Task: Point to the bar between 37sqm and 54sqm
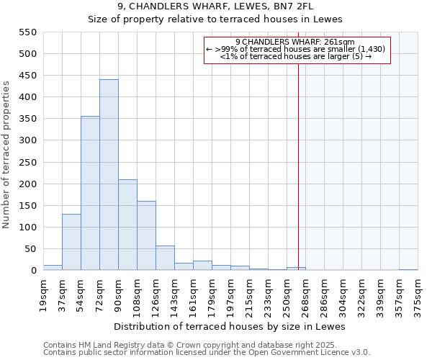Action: (71, 242)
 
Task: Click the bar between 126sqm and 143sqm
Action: (165, 258)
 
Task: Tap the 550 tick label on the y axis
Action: (27, 32)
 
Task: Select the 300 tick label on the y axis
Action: (27, 140)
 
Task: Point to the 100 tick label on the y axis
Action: (27, 228)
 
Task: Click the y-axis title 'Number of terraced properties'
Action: (6, 155)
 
